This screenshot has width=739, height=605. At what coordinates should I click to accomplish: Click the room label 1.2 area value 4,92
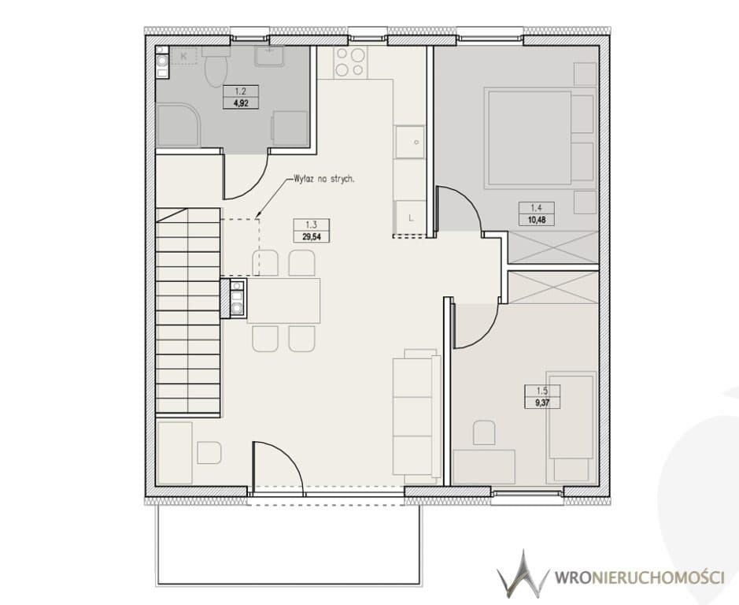coord(241,102)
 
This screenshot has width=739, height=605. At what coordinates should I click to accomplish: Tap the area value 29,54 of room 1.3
coord(311,237)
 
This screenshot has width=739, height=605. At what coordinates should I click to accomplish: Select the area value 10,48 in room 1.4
coord(536,220)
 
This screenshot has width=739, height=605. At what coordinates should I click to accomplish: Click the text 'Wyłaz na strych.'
coord(323,180)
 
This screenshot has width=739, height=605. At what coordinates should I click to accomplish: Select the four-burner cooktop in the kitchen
coord(349,62)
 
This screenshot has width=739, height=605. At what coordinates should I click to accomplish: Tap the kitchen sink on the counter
coord(409,142)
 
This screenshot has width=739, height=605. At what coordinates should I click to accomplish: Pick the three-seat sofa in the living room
coord(416,415)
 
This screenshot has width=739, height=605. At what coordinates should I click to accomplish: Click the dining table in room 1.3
coord(284,301)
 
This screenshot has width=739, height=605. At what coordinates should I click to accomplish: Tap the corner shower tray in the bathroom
coord(178,126)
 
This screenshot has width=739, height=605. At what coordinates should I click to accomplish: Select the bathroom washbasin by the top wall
coord(270,56)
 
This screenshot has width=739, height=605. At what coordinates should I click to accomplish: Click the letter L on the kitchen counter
coord(411,218)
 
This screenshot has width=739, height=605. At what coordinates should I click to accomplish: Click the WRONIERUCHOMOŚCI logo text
coord(639,577)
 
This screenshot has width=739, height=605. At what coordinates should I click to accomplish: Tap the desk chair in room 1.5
coord(484,432)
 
